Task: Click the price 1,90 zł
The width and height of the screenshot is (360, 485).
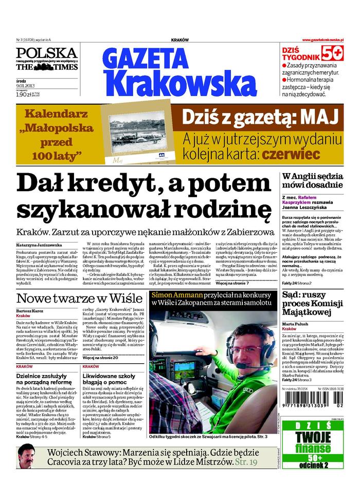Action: (x=23, y=95)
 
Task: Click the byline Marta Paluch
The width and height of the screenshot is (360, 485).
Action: (x=296, y=324)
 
